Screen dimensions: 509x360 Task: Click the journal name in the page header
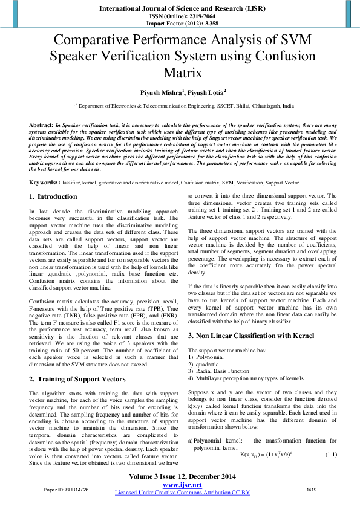point(180,9)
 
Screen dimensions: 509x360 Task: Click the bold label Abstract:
point(41,124)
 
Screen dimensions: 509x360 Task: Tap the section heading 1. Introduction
point(53,197)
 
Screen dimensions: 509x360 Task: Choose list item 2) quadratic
point(208,364)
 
